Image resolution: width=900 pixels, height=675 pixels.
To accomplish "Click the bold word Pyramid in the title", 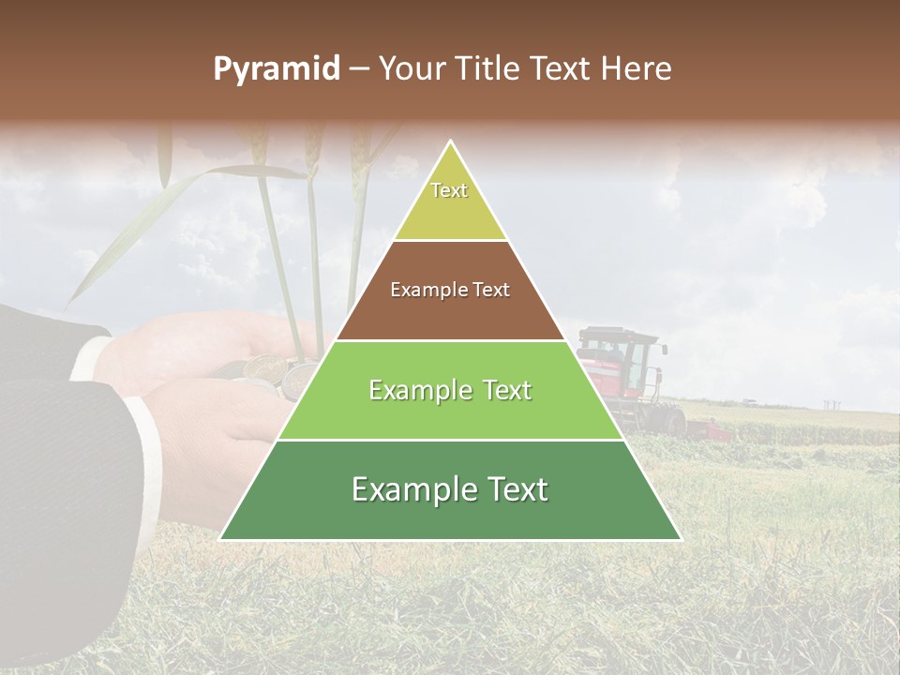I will click(276, 69).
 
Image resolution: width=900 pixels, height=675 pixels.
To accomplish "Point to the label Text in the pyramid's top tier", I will click(449, 190).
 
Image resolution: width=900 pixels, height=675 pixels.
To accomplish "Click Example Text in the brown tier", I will click(450, 290).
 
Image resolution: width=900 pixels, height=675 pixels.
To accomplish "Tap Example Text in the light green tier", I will click(450, 390).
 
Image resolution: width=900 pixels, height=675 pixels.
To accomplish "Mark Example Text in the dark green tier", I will click(450, 489).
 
